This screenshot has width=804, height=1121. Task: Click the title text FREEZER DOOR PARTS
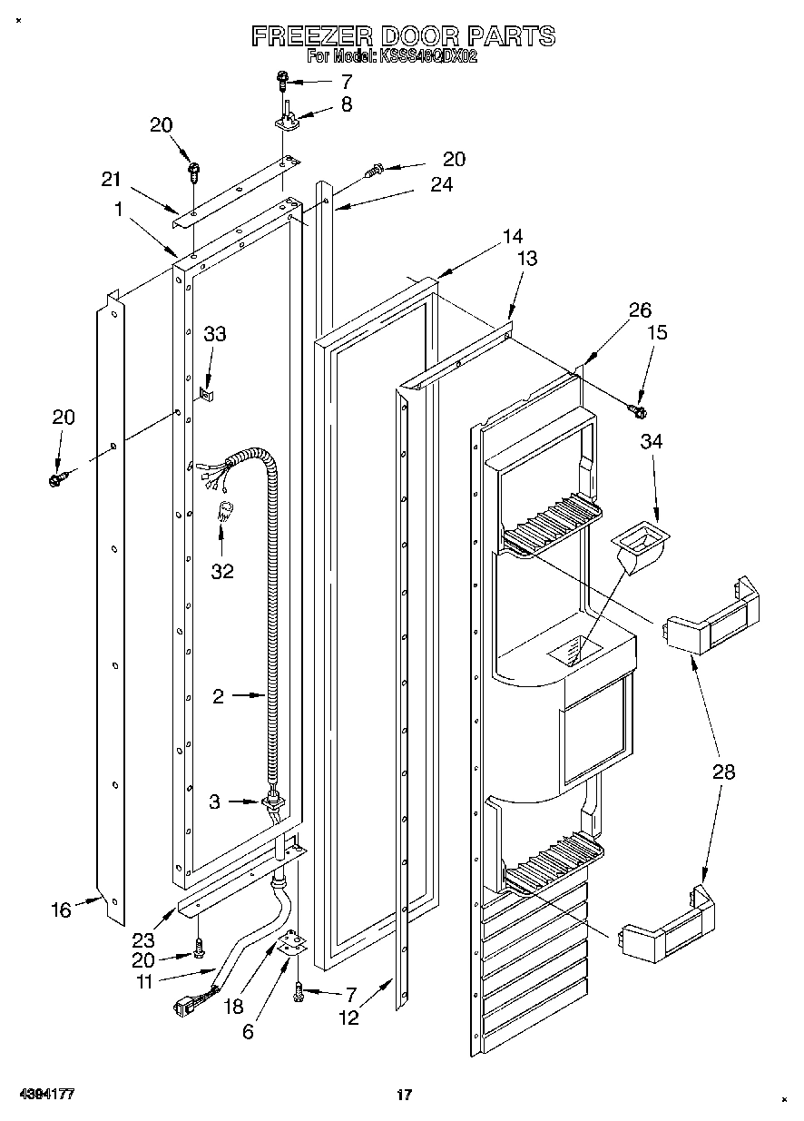402,36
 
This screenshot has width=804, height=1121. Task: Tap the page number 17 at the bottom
405,1096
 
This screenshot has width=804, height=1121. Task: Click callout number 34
652,442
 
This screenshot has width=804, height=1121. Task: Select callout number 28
723,772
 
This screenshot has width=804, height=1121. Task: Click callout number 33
215,335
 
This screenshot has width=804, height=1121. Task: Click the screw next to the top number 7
284,82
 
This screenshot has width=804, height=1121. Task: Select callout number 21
112,181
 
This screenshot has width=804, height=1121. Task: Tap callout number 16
61,910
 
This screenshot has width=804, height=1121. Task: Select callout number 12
348,1018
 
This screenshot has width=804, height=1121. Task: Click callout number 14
513,237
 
